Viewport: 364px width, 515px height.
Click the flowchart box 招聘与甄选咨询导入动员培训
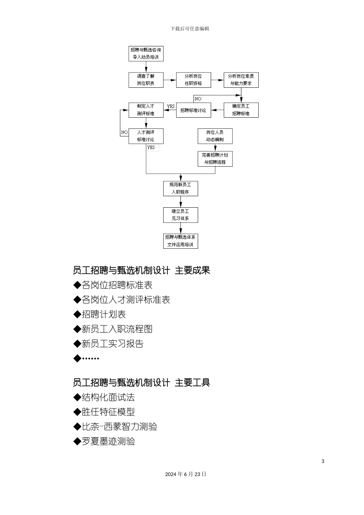[146, 53]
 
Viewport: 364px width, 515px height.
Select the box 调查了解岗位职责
[146, 80]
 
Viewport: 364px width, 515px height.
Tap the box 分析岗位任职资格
[193, 80]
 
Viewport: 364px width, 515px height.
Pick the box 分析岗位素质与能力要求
[241, 80]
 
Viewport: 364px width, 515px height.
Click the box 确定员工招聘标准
[241, 110]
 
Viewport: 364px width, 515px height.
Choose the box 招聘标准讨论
[193, 110]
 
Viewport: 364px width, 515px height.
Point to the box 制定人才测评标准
[146, 110]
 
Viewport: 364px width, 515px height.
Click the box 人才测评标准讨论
[146, 136]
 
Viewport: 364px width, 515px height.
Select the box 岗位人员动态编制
[215, 136]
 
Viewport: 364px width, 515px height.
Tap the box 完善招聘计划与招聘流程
[215, 159]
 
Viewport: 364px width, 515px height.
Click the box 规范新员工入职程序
[180, 189]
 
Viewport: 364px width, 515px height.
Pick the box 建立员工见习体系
[180, 215]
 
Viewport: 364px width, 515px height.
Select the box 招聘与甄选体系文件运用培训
[180, 241]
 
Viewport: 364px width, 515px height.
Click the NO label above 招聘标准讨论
[198, 99]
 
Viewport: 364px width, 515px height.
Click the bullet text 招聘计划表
[103, 315]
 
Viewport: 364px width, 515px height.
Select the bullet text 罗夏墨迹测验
[108, 441]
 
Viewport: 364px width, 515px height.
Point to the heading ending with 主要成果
[141, 271]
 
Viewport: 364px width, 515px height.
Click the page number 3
[323, 461]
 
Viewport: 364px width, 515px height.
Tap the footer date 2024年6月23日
[186, 474]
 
